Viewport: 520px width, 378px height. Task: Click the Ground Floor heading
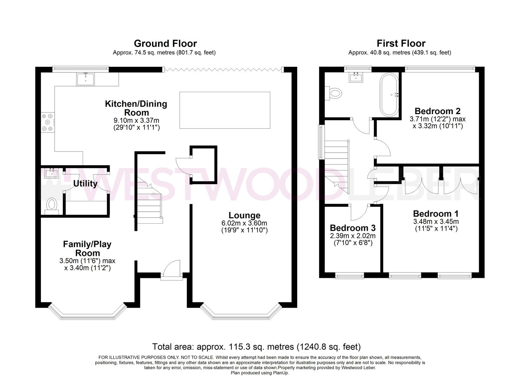[x=165, y=43]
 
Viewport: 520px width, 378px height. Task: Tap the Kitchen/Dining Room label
[x=136, y=108]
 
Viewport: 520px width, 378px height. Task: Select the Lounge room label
[x=244, y=215]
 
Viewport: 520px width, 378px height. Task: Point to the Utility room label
[x=85, y=183]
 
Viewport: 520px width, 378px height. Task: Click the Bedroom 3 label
[x=352, y=228]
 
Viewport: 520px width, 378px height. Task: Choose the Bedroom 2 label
[x=437, y=111]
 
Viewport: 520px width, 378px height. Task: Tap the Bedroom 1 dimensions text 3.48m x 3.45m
[x=436, y=222]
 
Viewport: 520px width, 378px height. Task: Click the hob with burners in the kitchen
[x=48, y=121]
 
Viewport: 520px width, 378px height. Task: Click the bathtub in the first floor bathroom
[x=389, y=94]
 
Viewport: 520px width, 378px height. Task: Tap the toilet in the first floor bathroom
[x=334, y=93]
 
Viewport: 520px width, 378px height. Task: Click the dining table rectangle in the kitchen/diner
[x=224, y=110]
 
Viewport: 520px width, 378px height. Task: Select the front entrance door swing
[x=173, y=269]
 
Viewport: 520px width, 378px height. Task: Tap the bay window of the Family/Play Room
[x=86, y=314]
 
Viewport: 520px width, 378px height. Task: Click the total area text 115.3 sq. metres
[x=256, y=347]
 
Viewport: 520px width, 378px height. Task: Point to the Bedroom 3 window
[x=349, y=276]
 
